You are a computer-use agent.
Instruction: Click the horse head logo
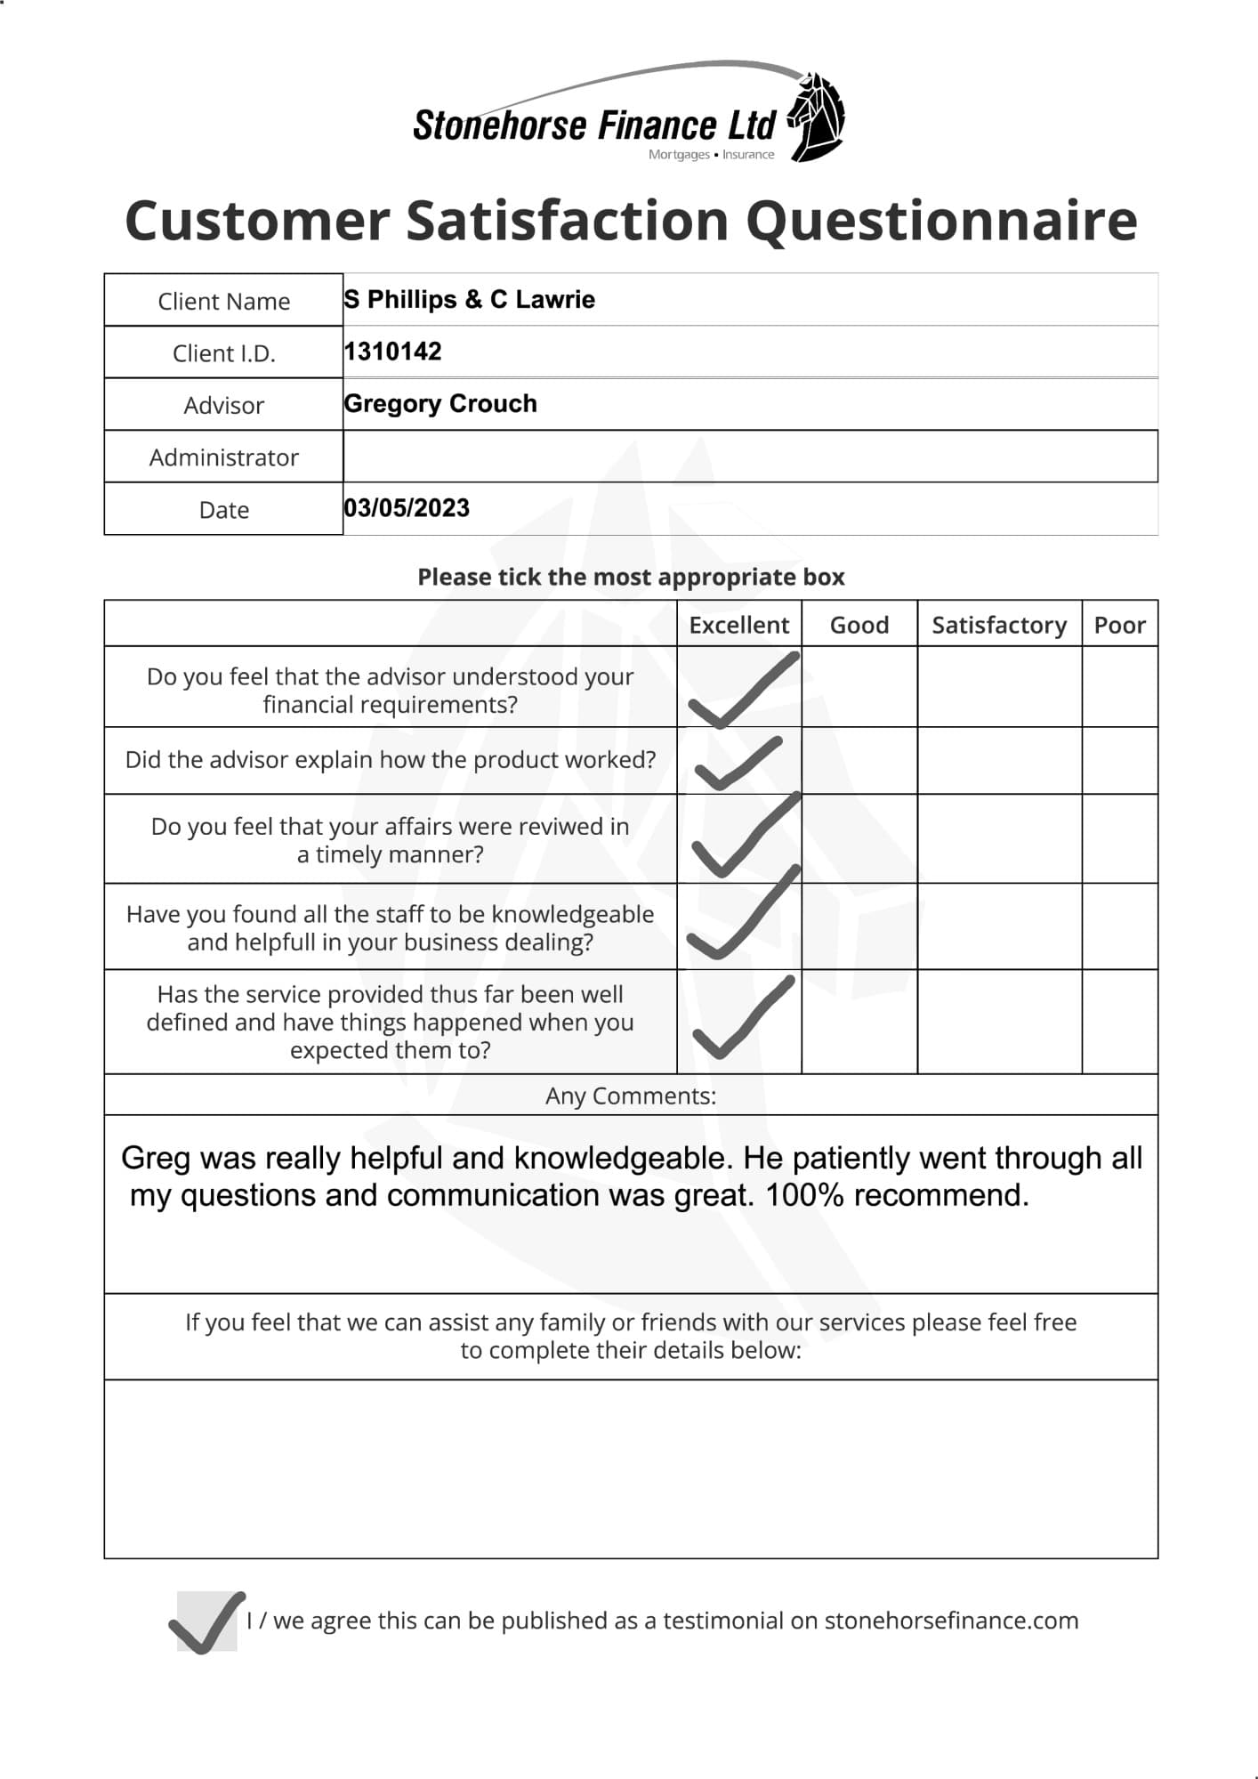point(817,116)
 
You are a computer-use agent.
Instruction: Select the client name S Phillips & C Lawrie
point(469,299)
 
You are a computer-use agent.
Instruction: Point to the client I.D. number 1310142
point(392,352)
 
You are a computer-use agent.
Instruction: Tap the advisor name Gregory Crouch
point(440,403)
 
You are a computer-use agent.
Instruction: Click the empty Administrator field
point(750,457)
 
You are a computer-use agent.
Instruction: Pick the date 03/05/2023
point(407,508)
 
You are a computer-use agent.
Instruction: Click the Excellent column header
point(738,625)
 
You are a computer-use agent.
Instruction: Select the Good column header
point(859,625)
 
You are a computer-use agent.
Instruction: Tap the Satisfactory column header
point(998,625)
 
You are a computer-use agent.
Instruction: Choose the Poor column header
point(1119,625)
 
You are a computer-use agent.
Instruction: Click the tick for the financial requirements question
point(741,691)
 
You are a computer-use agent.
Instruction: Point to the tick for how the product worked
point(738,764)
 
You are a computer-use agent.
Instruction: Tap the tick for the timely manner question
point(743,837)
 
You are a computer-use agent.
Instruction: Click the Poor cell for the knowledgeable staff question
point(1119,926)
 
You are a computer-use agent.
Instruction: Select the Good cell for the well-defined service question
point(859,1022)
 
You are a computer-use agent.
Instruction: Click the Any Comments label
point(630,1096)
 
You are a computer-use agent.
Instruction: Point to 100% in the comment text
point(804,1194)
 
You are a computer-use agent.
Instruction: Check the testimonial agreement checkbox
point(207,1621)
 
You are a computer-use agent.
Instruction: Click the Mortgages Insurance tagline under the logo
point(711,155)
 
